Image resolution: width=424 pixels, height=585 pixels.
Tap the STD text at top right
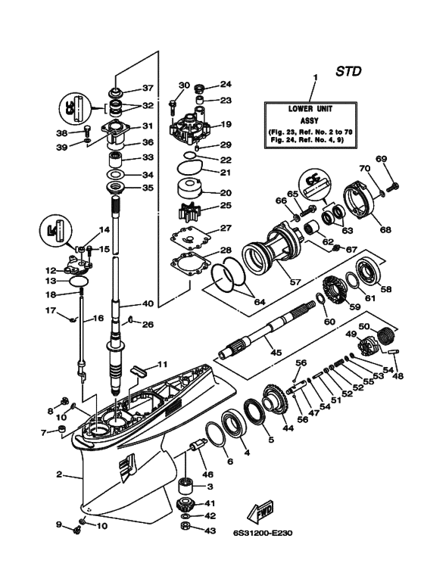[x=348, y=71]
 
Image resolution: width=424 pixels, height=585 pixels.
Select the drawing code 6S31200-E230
[x=261, y=533]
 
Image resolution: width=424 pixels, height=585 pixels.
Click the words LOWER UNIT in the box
[x=310, y=109]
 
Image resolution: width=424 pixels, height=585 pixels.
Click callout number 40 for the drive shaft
[x=148, y=303]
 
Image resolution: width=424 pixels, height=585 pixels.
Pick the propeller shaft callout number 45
[x=276, y=352]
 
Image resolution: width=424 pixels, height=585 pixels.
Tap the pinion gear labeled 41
[x=186, y=505]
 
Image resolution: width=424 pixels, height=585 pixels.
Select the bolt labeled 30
[x=173, y=107]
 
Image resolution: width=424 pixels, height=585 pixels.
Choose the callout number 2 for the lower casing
[x=59, y=475]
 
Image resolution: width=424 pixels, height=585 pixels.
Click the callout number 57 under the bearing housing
[x=295, y=282]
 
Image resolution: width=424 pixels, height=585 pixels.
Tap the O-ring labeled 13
[x=79, y=282]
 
